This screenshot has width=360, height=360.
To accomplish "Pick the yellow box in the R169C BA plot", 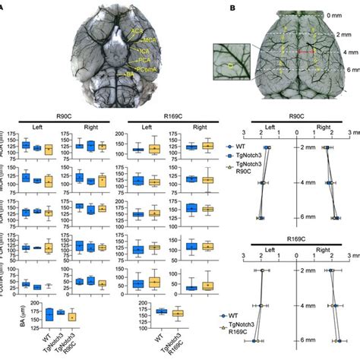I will click(x=176, y=313).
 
